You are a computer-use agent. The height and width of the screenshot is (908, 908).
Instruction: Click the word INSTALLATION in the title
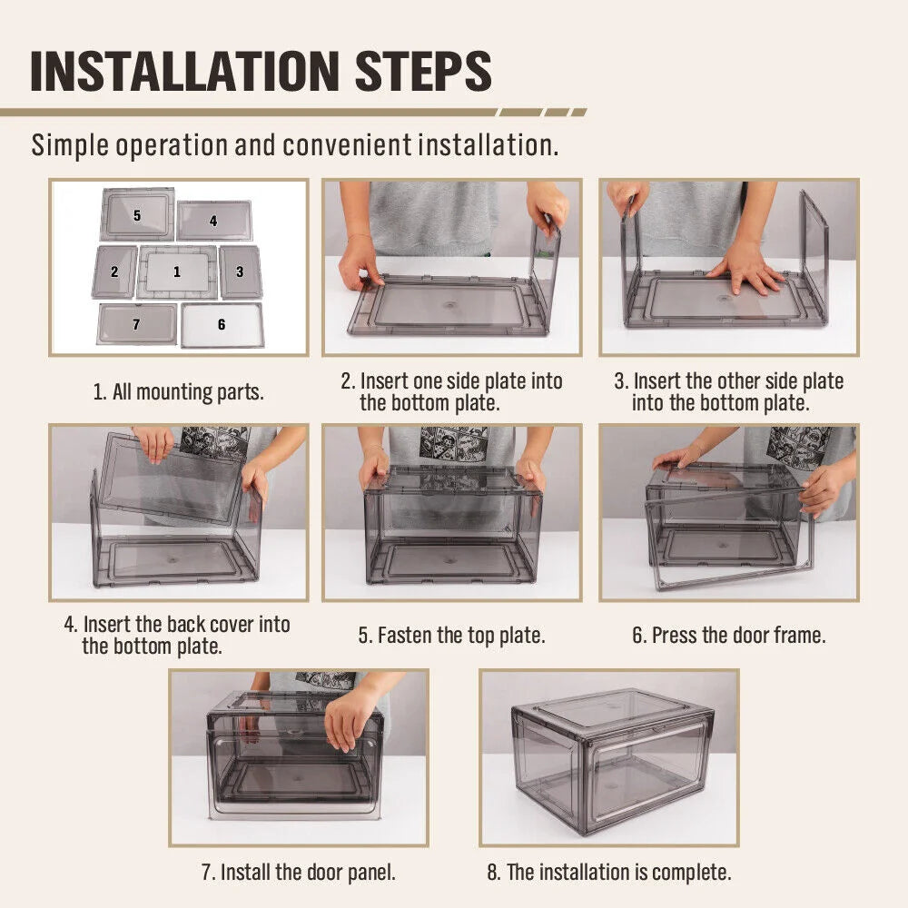pyautogui.click(x=184, y=71)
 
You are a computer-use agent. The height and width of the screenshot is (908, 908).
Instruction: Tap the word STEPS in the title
pyautogui.click(x=423, y=71)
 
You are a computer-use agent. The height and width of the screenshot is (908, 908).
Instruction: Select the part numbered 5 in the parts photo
pyautogui.click(x=137, y=213)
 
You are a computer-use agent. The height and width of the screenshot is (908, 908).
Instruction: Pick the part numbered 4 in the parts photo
pyautogui.click(x=214, y=221)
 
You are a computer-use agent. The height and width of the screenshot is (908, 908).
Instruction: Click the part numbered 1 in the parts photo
pyautogui.click(x=177, y=271)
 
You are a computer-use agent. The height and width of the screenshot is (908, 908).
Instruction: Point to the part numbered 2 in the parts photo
pyautogui.click(x=114, y=271)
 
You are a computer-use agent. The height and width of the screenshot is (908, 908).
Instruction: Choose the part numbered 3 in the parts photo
pyautogui.click(x=241, y=271)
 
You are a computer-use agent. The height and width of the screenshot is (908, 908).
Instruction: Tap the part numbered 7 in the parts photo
pyautogui.click(x=137, y=324)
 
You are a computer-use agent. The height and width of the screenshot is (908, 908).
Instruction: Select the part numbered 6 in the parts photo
pyautogui.click(x=222, y=325)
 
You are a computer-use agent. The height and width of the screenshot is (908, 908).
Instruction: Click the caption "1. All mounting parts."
pyautogui.click(x=178, y=392)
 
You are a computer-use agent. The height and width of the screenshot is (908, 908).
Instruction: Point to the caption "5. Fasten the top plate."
pyautogui.click(x=451, y=636)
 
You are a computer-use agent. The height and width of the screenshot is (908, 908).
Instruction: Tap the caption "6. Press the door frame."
pyautogui.click(x=729, y=636)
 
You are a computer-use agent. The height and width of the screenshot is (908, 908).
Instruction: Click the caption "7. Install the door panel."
pyautogui.click(x=299, y=872)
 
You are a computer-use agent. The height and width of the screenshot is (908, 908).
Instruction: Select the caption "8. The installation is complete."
pyautogui.click(x=609, y=872)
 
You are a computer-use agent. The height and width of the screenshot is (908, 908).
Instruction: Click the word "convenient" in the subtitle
pyautogui.click(x=348, y=144)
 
